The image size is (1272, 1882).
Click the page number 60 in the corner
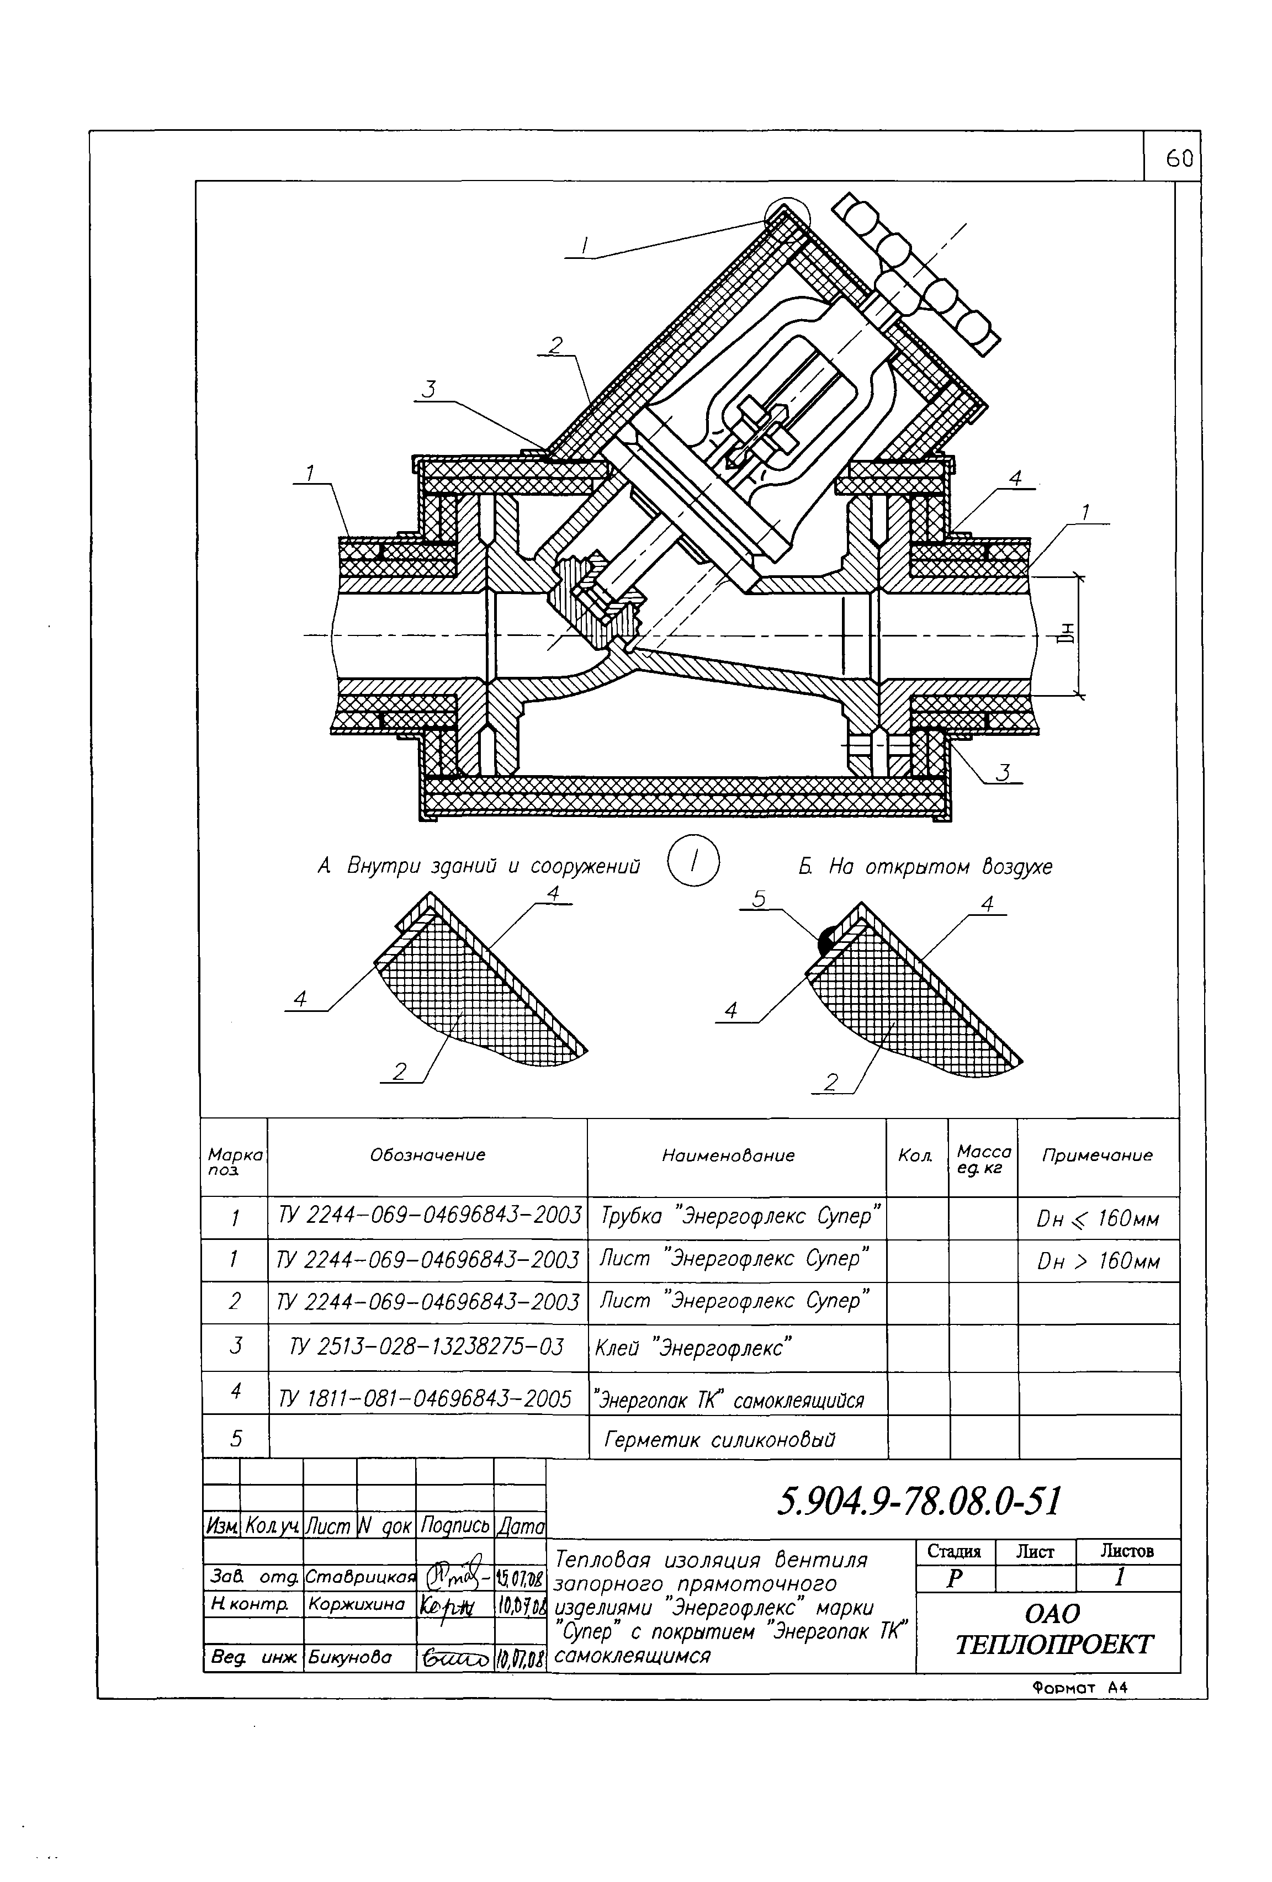(1178, 160)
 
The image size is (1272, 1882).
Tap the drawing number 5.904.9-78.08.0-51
(918, 1502)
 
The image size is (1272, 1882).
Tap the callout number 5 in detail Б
(758, 899)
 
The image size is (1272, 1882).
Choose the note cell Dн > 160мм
(1098, 1261)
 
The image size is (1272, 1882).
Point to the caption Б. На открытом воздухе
(925, 867)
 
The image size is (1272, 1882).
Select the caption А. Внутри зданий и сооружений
(479, 867)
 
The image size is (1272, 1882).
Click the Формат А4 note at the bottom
(1079, 1688)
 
